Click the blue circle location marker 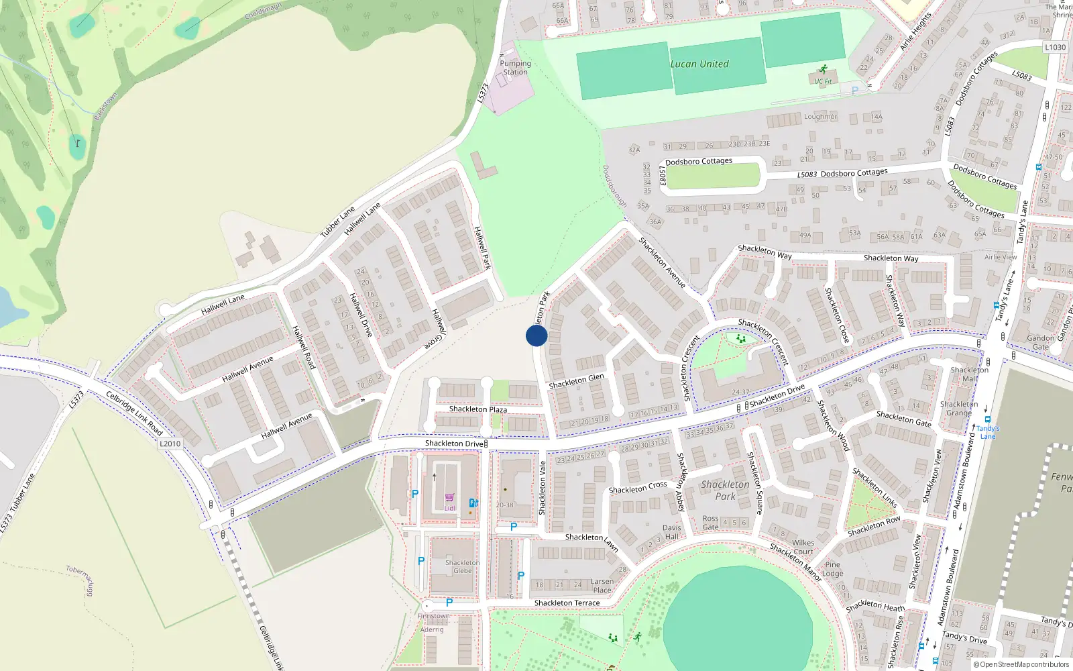click(x=536, y=335)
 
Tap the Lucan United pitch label click(x=699, y=64)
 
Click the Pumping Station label click(x=515, y=68)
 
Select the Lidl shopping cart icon click(x=449, y=499)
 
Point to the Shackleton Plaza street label click(x=477, y=409)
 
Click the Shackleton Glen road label click(x=576, y=381)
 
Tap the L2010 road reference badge click(x=170, y=444)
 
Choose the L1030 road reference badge click(x=1055, y=48)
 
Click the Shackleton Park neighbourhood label click(x=725, y=490)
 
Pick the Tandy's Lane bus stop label click(x=988, y=432)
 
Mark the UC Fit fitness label click(x=823, y=81)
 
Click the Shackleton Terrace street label click(x=567, y=603)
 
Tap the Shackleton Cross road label click(x=637, y=487)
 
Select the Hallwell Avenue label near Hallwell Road click(x=247, y=370)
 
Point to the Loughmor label click(x=820, y=117)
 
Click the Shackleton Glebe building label click(x=462, y=567)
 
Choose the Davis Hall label click(x=671, y=532)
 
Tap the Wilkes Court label click(x=803, y=548)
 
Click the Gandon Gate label click(x=1040, y=342)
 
